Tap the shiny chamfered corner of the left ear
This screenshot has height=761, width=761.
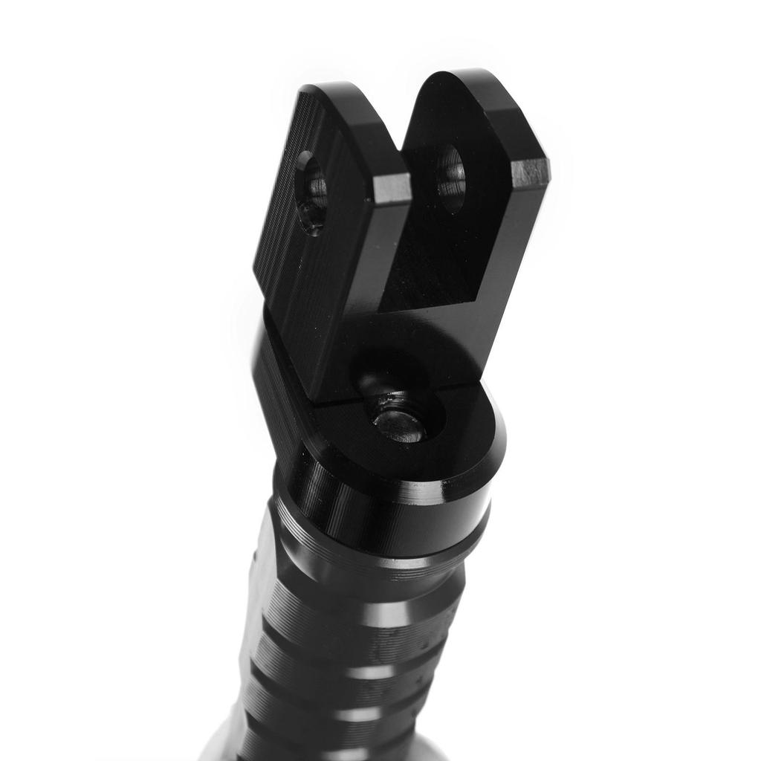coord(392,188)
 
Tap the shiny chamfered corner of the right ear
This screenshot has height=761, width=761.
coord(530,172)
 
